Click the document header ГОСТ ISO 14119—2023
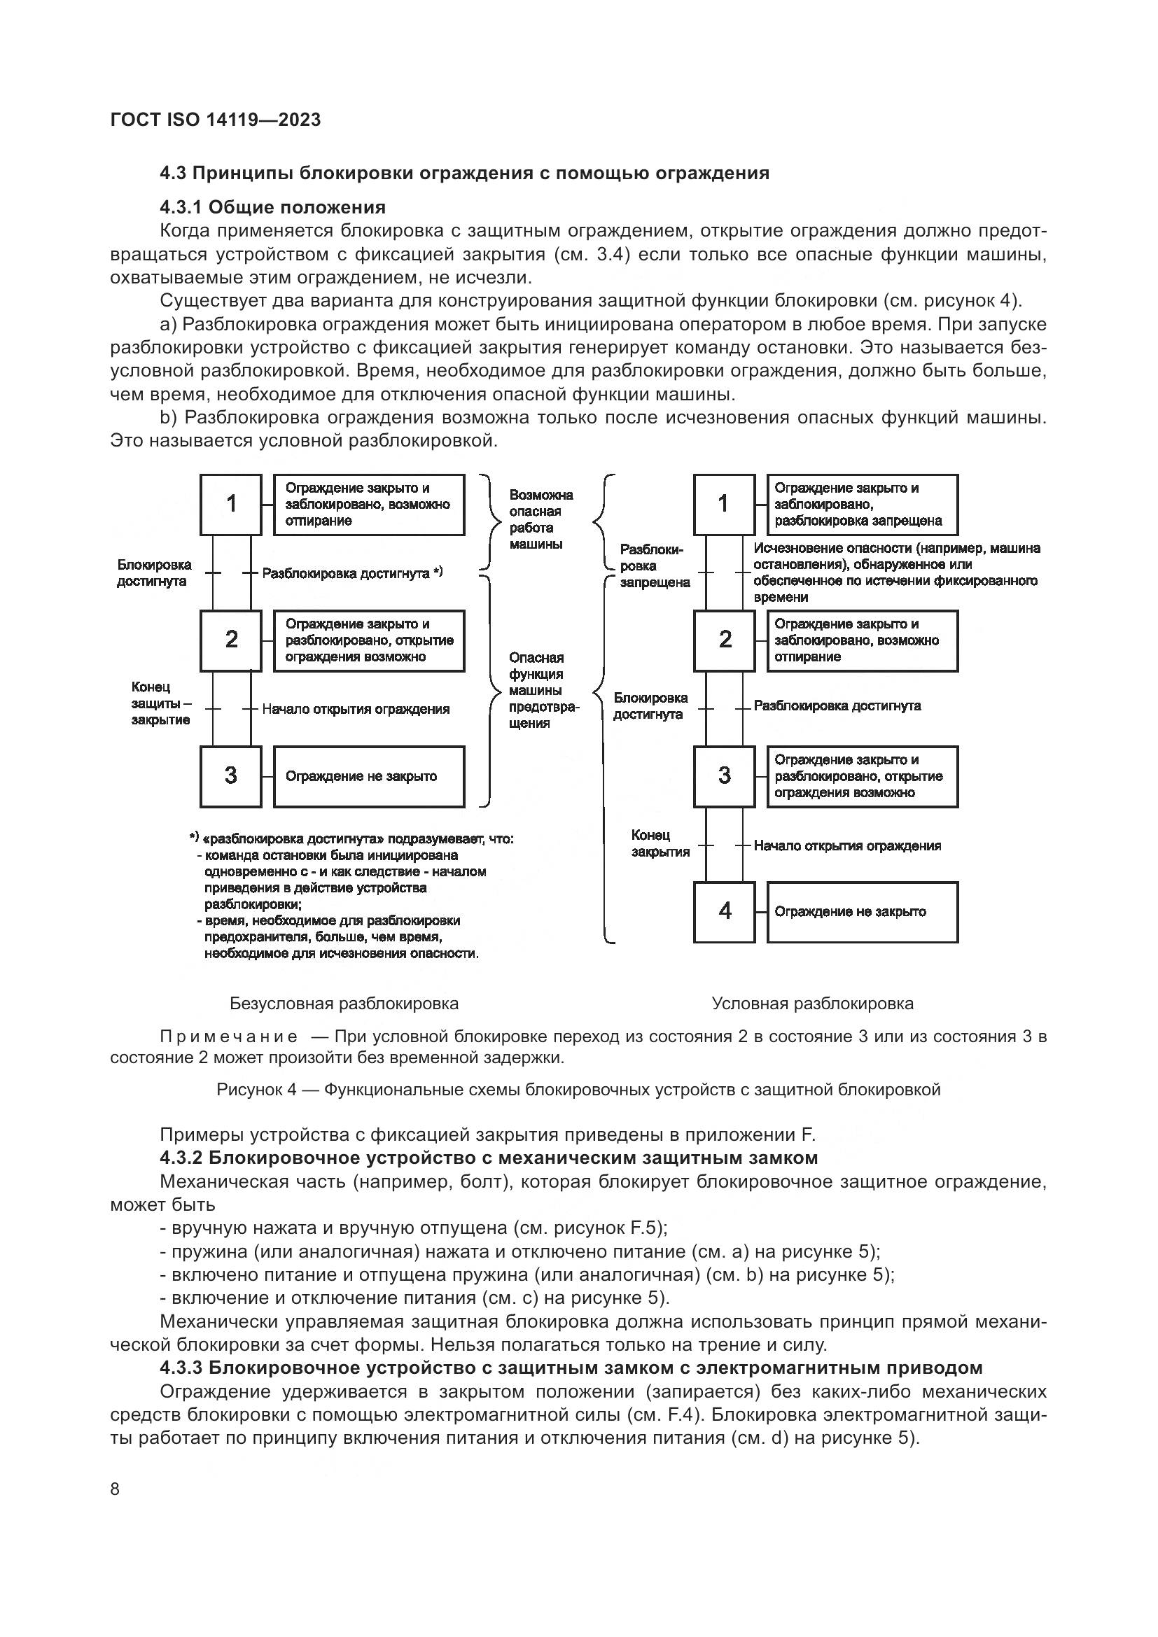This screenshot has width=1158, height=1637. point(216,120)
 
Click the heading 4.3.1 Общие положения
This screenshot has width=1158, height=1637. point(272,207)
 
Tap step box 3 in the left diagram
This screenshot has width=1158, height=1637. point(231,775)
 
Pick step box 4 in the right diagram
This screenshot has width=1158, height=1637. point(725,911)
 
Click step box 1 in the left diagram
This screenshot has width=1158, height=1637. point(231,504)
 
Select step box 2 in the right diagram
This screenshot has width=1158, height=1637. point(725,640)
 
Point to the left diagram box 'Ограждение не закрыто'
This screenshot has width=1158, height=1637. point(369,776)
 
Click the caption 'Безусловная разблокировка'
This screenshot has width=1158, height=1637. point(344,1004)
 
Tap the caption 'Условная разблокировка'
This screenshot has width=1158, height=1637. point(812,1004)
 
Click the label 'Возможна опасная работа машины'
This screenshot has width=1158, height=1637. point(540,519)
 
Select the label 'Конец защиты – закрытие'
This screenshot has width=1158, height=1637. point(160,703)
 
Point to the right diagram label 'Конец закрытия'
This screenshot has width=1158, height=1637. point(660,843)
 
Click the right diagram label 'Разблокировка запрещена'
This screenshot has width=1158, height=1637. point(654,566)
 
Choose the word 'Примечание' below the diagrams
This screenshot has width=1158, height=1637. point(229,1037)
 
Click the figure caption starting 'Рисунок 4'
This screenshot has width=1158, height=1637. point(578,1090)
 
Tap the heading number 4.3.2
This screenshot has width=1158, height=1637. point(181,1157)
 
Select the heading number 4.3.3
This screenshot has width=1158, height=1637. point(181,1368)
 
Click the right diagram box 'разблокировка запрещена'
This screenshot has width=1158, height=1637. point(862,505)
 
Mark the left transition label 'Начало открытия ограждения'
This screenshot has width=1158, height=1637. point(356,710)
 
